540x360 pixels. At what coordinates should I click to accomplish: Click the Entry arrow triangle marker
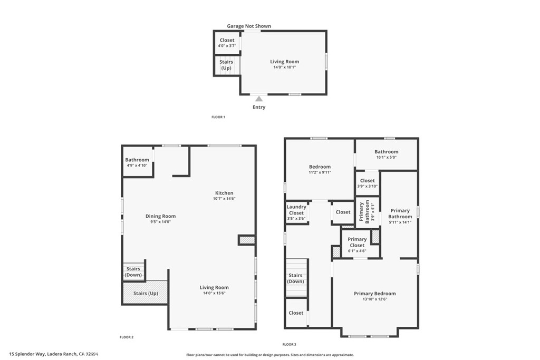(x=258, y=99)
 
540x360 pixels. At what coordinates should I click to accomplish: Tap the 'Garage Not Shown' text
(x=249, y=26)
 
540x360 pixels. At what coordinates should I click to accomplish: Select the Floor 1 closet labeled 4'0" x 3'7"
(x=227, y=43)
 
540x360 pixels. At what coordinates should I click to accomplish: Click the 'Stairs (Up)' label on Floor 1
(x=226, y=65)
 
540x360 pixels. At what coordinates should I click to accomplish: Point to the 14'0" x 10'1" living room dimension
(x=285, y=67)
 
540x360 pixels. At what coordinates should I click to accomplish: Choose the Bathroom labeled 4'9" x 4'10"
(x=137, y=162)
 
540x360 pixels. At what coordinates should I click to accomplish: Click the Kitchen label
(x=224, y=193)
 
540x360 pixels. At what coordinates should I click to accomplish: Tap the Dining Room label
(x=160, y=216)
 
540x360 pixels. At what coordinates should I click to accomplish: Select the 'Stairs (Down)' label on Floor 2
(x=133, y=272)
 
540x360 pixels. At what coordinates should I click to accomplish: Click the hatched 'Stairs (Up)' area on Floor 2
(x=146, y=293)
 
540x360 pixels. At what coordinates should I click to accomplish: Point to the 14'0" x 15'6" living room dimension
(x=214, y=294)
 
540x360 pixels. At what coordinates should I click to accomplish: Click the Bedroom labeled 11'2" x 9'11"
(x=320, y=169)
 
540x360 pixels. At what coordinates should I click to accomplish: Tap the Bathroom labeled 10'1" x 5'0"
(x=387, y=154)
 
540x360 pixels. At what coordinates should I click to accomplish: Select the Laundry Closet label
(x=296, y=210)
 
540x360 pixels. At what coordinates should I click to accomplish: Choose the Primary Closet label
(x=357, y=242)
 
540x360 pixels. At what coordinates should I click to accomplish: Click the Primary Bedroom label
(x=374, y=294)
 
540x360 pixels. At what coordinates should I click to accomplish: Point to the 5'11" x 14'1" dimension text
(x=400, y=222)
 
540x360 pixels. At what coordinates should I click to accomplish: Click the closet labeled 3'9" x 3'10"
(x=368, y=183)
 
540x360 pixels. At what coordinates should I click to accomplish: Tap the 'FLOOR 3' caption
(x=290, y=344)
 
